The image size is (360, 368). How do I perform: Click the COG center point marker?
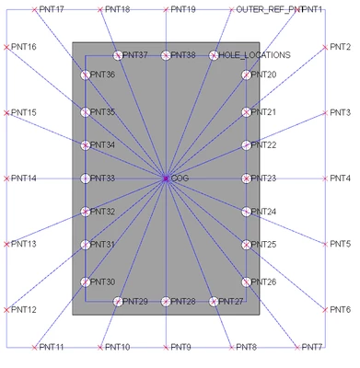click(x=165, y=178)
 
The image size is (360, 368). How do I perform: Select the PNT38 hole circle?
click(x=165, y=55)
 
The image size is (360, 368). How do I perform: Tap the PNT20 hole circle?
click(x=246, y=75)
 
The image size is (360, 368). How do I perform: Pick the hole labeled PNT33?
click(x=86, y=178)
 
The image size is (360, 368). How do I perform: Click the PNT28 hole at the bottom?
click(x=165, y=302)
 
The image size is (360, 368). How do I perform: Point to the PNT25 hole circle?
click(x=246, y=245)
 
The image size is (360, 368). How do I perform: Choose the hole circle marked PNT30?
click(x=86, y=282)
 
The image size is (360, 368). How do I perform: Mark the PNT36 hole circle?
click(x=86, y=75)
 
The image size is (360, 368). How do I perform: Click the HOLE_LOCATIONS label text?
click(x=255, y=55)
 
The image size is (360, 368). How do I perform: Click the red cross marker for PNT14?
click(x=6, y=178)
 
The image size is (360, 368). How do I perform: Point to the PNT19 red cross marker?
click(x=165, y=9)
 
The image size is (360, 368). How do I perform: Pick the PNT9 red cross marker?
click(x=165, y=347)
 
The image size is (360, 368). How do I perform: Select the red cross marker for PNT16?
click(x=6, y=46)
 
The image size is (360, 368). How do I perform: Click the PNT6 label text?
click(x=341, y=309)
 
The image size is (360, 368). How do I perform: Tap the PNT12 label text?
click(x=24, y=309)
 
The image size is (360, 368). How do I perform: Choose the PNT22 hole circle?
click(x=246, y=145)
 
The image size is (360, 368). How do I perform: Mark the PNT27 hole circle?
click(x=214, y=302)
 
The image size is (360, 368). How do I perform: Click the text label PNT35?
click(x=103, y=112)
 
